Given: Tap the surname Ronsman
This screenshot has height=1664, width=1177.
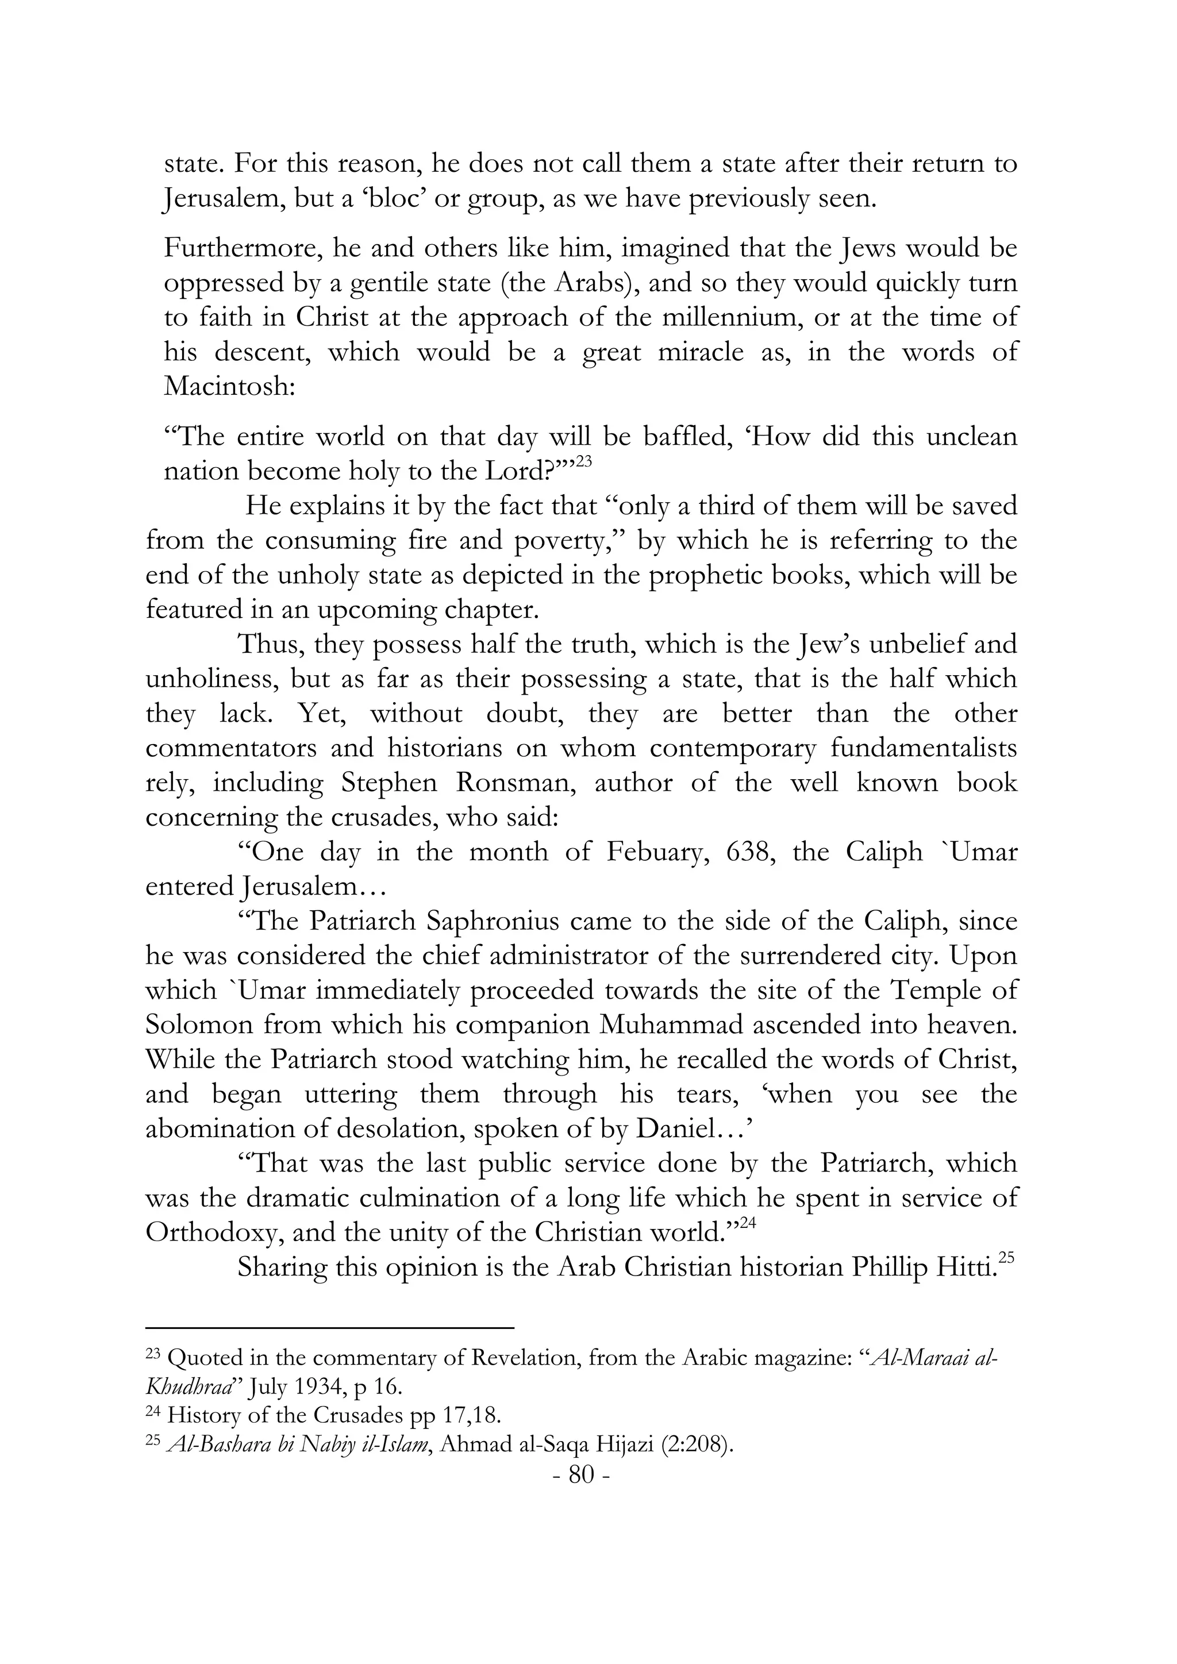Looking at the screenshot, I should coord(516,783).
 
